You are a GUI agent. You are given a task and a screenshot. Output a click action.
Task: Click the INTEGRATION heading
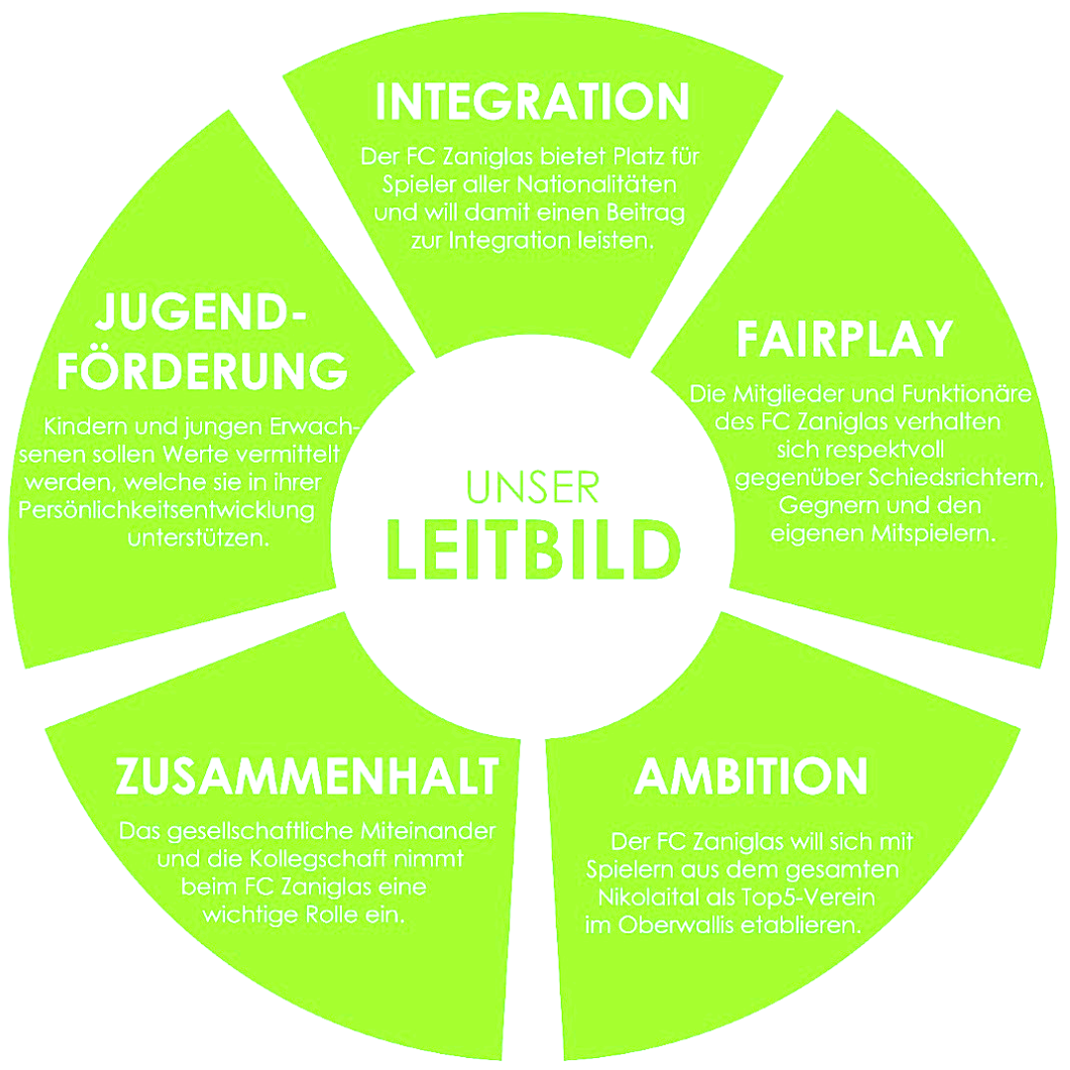(534, 102)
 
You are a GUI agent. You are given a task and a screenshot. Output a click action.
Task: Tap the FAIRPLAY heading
(844, 339)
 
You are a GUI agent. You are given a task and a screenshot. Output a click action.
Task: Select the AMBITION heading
(751, 777)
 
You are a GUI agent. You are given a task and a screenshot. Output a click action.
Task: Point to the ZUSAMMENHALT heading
(306, 777)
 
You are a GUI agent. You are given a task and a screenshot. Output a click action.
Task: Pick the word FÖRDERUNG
(202, 371)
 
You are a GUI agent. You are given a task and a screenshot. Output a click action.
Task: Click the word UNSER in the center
(533, 487)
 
